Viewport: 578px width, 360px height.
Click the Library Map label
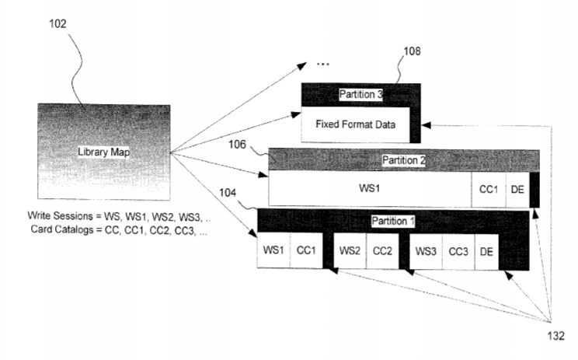103,152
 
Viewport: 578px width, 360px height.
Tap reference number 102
57,24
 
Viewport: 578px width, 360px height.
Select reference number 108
412,51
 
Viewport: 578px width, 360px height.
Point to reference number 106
237,144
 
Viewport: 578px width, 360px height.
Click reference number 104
228,193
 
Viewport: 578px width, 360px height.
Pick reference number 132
556,336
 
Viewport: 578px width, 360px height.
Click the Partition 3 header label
361,94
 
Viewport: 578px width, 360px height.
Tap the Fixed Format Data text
355,124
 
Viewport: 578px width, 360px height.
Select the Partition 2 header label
404,160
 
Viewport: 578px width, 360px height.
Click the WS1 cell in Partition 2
370,188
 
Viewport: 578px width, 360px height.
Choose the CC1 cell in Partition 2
489,189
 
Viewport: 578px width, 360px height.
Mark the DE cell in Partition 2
517,189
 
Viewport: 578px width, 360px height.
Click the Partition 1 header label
393,221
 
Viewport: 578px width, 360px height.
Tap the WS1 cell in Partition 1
273,250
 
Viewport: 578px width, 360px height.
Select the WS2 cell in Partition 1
350,251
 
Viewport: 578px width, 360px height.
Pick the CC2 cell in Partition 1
382,251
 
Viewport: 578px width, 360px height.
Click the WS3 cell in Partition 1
426,252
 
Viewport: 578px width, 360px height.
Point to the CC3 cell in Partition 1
458,252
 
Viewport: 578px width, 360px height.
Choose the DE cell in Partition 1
486,252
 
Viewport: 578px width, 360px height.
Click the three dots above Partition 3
323,65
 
